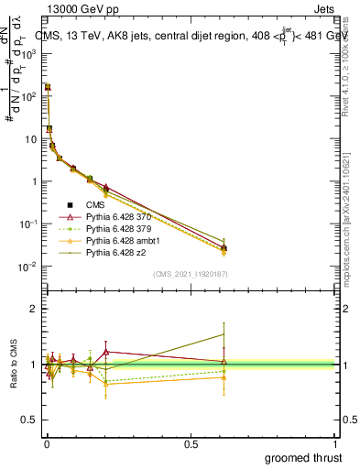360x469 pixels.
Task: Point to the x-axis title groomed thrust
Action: [x=304, y=456]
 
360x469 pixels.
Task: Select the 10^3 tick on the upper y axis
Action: [x=30, y=53]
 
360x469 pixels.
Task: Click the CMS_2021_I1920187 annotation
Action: [x=191, y=274]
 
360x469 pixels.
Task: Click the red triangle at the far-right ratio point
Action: [x=224, y=361]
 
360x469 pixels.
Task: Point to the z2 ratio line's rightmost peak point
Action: [x=224, y=334]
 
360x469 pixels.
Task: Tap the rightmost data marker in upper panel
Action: [x=224, y=248]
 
